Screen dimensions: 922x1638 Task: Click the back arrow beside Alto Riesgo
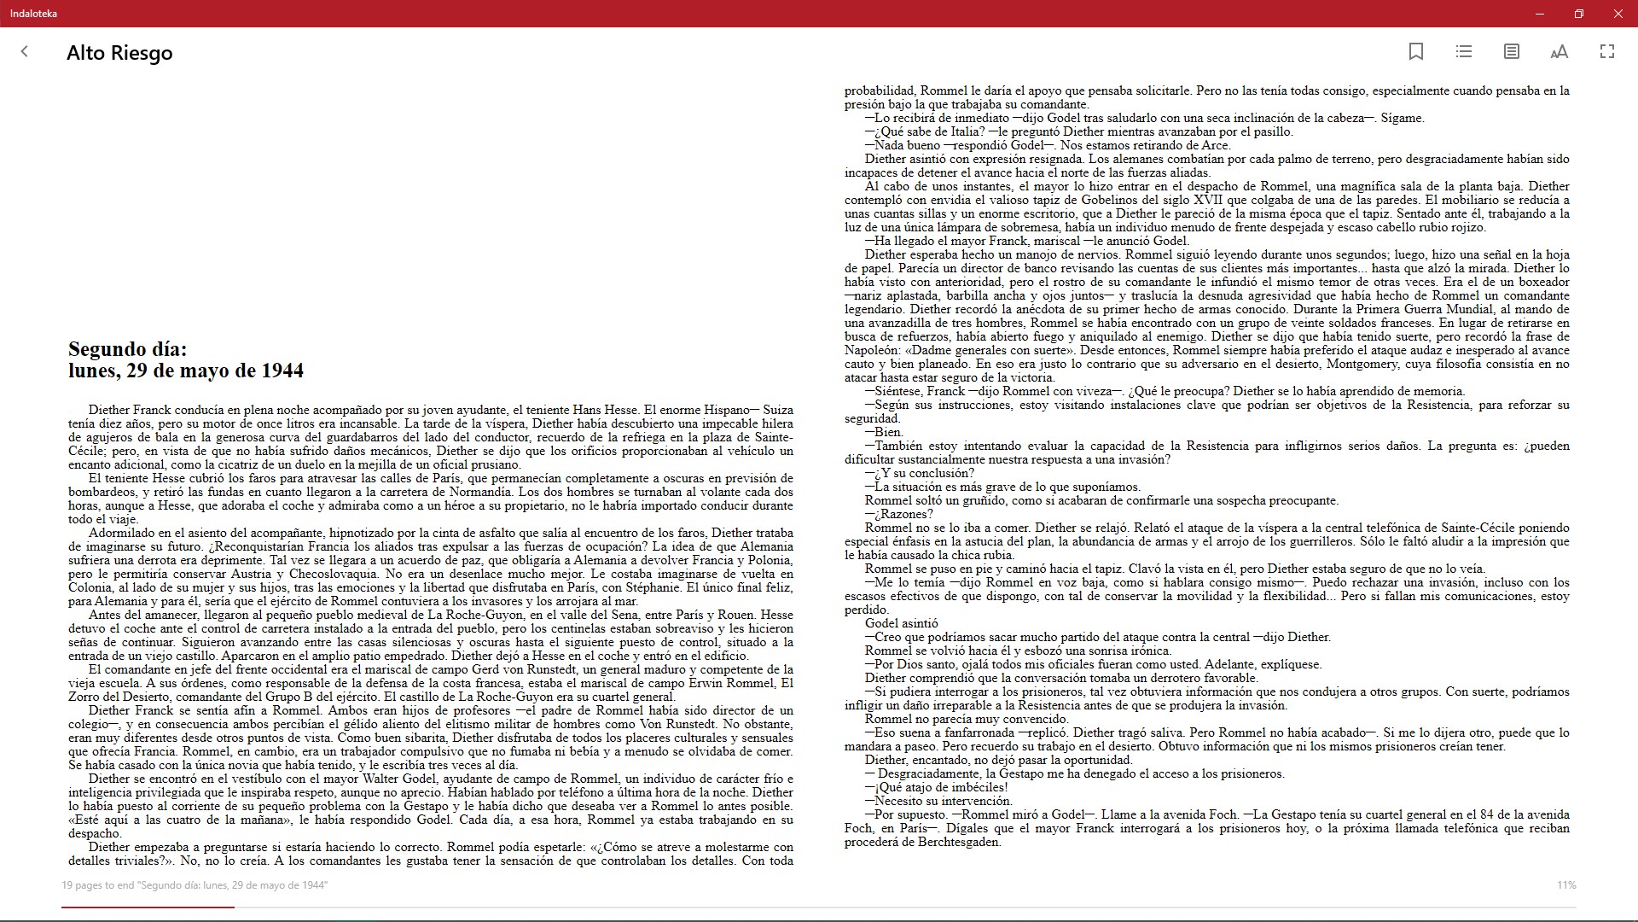click(x=25, y=52)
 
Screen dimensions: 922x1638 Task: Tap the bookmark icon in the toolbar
click(x=1416, y=52)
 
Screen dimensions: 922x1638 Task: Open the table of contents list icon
click(x=1464, y=52)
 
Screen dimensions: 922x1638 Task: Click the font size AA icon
click(x=1559, y=52)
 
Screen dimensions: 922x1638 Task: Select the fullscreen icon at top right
click(x=1607, y=52)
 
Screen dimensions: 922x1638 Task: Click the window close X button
click(x=1618, y=14)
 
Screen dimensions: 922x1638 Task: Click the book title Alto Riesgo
click(x=119, y=53)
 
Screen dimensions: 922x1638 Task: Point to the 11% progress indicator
click(x=1566, y=885)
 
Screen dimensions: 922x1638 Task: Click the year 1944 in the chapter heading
click(x=282, y=371)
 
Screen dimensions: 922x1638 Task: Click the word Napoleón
click(x=872, y=350)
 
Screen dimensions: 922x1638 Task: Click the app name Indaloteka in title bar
click(x=34, y=14)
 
